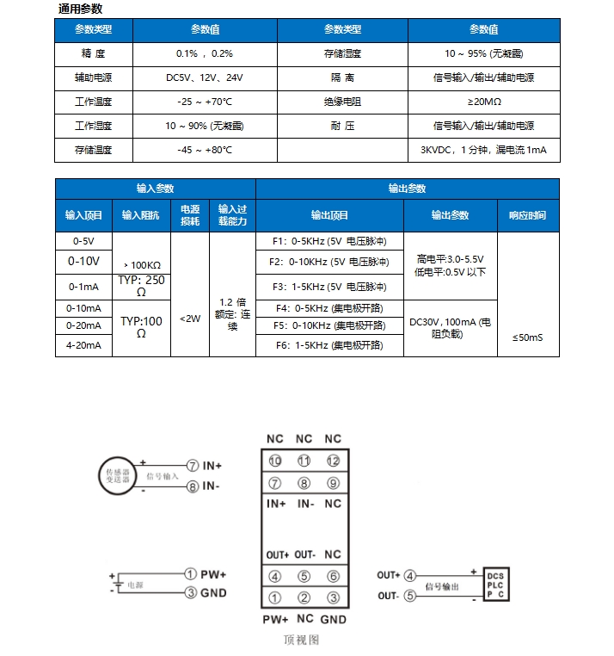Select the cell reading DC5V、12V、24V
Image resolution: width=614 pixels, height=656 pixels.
tap(205, 77)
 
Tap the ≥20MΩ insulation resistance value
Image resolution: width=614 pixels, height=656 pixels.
tap(482, 102)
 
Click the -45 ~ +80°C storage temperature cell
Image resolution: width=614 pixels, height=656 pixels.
tap(205, 150)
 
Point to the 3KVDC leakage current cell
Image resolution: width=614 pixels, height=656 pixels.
tap(482, 150)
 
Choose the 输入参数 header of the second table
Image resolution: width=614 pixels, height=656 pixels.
tap(155, 189)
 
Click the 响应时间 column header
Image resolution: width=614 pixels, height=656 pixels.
tap(527, 215)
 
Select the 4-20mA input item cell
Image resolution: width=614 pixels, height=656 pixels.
tap(83, 345)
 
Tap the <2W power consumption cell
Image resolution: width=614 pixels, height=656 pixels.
tap(189, 319)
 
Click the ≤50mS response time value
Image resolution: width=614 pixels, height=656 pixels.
tap(527, 337)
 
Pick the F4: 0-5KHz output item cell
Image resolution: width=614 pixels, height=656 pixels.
tap(329, 307)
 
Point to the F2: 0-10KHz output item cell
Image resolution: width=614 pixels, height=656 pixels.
tap(329, 261)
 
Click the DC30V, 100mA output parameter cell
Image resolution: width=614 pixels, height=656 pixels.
tap(450, 326)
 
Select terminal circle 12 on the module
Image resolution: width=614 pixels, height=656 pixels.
tap(333, 461)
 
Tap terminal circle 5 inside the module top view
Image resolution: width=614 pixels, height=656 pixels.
tap(304, 577)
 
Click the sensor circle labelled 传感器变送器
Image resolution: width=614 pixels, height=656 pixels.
tap(118, 475)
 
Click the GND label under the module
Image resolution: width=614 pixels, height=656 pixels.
tap(333, 619)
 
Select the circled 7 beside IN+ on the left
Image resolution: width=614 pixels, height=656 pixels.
tap(193, 465)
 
